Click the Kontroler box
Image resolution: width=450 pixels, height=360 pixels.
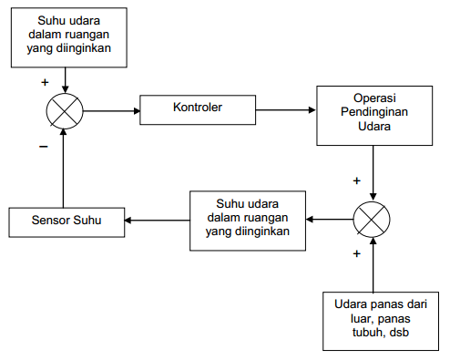(x=198, y=109)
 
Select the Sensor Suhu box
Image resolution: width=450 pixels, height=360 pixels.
(x=66, y=221)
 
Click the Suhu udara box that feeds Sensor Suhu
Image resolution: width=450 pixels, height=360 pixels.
(x=247, y=219)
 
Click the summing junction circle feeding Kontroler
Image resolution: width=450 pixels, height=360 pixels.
(x=64, y=111)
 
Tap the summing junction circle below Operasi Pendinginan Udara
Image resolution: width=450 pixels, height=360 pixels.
(x=372, y=220)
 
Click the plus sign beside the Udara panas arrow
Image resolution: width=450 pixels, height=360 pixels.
(x=356, y=253)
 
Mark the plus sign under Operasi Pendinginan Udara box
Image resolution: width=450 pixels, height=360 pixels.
(x=356, y=180)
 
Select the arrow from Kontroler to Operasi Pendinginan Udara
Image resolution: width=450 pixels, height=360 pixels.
(x=285, y=111)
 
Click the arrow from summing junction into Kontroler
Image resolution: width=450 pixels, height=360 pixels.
(x=111, y=111)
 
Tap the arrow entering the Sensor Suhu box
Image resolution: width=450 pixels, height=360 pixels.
(x=157, y=220)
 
